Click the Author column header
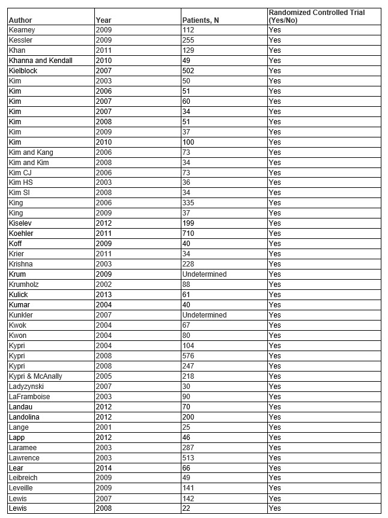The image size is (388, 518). (x=20, y=20)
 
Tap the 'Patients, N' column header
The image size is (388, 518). (x=201, y=20)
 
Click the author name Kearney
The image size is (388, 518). (x=22, y=30)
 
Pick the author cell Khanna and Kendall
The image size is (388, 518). (x=41, y=61)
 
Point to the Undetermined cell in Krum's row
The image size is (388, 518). (x=204, y=274)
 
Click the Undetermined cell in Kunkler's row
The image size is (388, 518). (x=204, y=315)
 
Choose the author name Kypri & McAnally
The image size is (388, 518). (x=35, y=376)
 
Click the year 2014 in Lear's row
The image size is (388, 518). (x=104, y=468)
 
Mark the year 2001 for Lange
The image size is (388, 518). (x=104, y=427)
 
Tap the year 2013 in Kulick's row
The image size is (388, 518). (x=104, y=295)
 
